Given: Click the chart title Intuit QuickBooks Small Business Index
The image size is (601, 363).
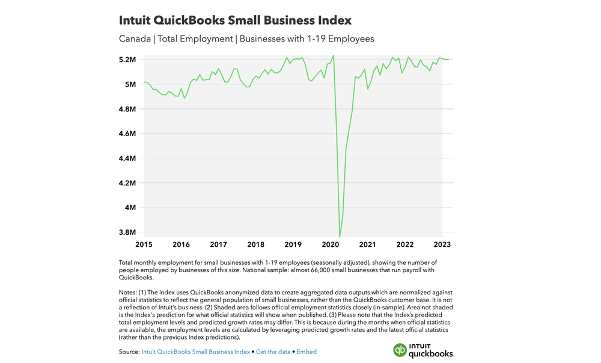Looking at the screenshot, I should [235, 20].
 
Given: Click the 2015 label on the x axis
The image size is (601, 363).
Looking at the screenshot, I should [144, 244].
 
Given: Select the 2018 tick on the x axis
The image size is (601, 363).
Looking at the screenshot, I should [255, 244].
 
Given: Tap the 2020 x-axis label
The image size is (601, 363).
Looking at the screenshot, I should [330, 244].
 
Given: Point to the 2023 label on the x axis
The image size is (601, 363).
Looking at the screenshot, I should [442, 244].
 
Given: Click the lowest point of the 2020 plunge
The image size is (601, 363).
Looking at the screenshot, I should [340, 237].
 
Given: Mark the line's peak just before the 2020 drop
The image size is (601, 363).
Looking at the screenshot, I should [334, 55].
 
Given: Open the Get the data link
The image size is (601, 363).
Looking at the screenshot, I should [273, 352].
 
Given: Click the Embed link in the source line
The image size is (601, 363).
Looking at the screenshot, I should [307, 352].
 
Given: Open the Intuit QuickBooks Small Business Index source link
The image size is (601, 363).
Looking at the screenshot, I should [197, 352].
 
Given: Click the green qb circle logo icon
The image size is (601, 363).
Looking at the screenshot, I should [400, 350].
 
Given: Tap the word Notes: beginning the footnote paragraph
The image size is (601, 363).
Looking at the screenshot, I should [130, 292].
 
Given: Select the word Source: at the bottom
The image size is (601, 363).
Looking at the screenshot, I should [129, 352].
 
